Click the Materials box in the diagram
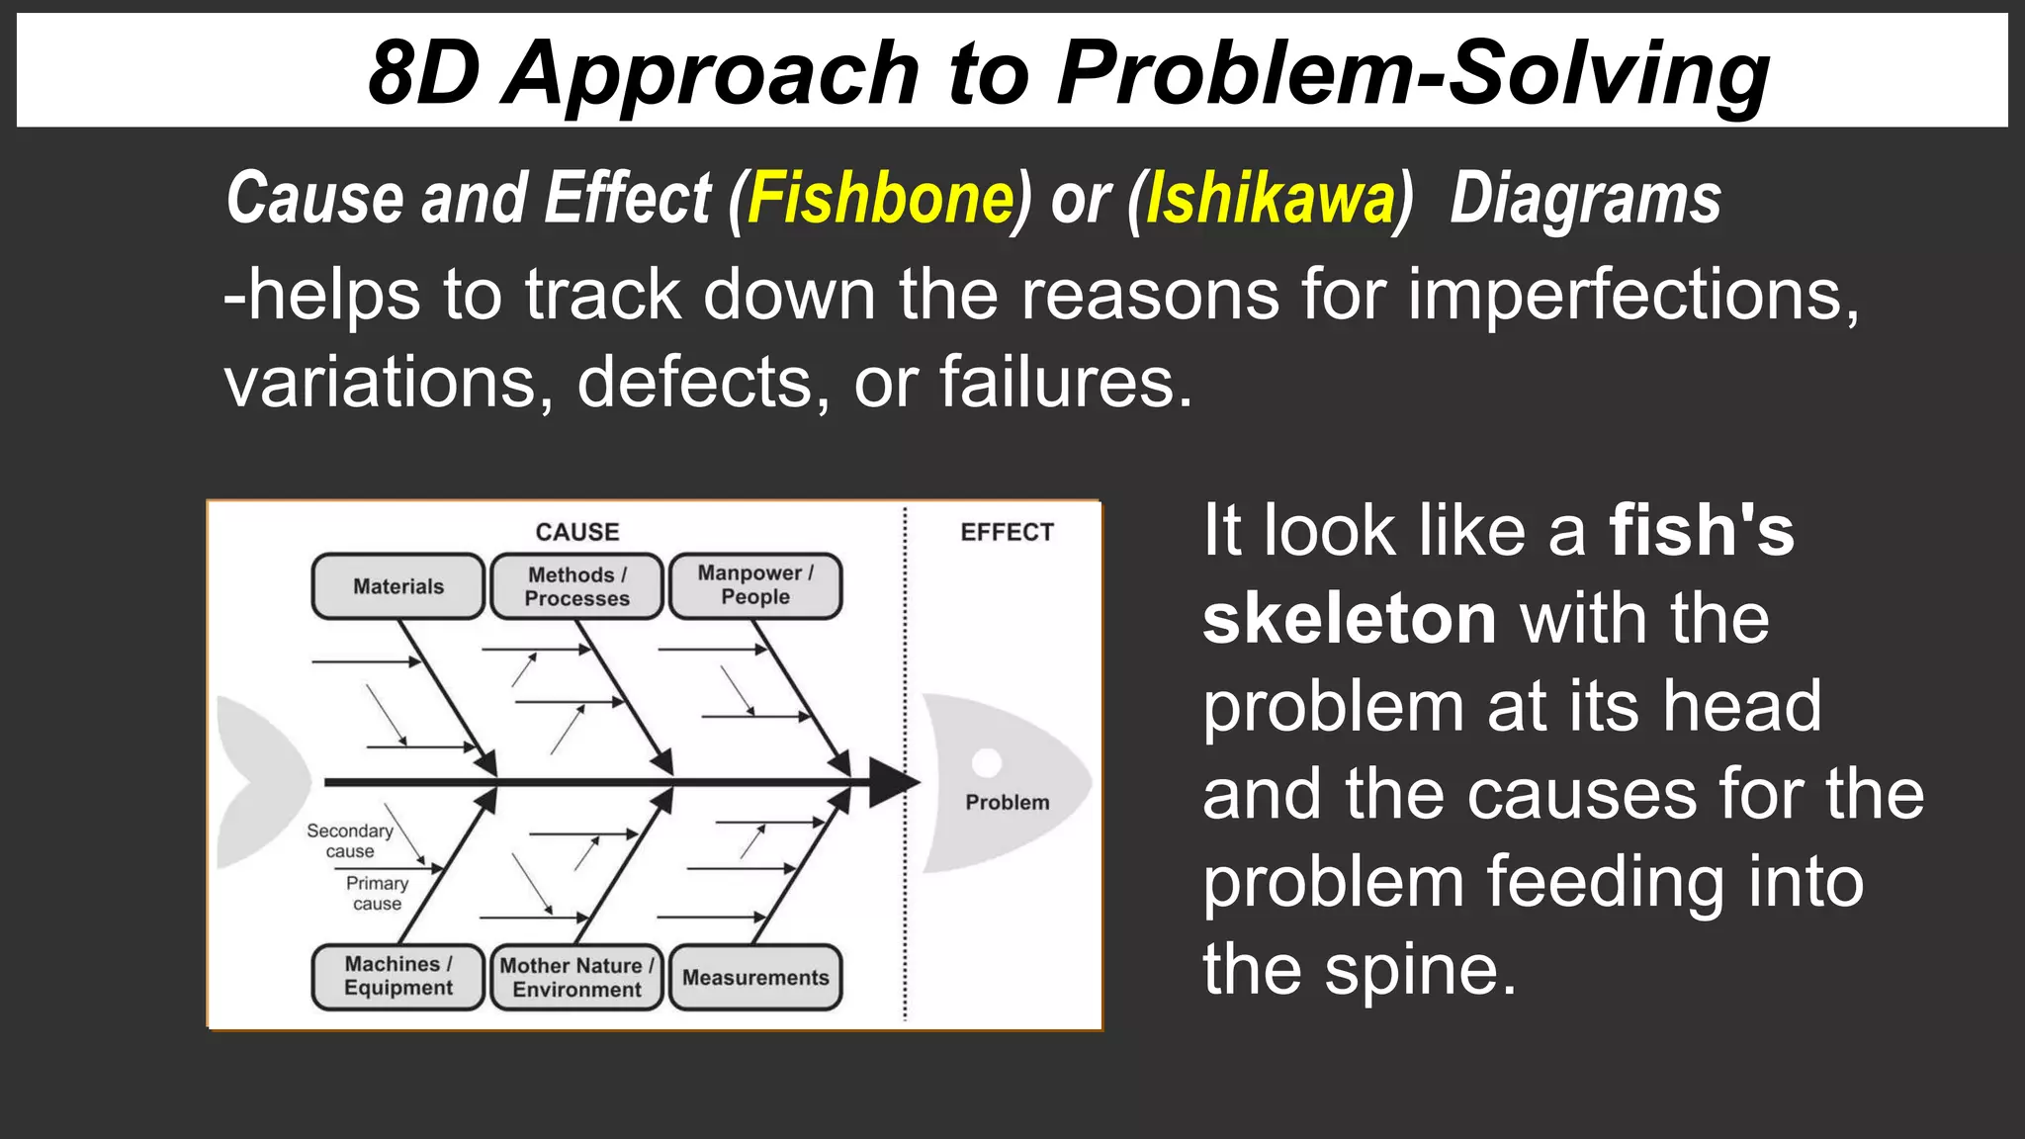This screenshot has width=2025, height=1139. click(398, 586)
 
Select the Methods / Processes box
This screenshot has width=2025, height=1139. click(576, 586)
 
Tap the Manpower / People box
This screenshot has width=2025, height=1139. click(755, 585)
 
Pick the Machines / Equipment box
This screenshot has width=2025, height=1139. click(398, 976)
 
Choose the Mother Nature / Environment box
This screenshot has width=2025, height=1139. click(576, 977)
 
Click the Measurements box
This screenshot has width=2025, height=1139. click(755, 977)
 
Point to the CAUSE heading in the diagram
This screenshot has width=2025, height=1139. click(577, 532)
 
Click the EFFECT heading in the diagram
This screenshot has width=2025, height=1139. click(1007, 532)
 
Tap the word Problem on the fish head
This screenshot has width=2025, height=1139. click(1007, 802)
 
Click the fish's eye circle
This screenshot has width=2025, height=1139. click(986, 762)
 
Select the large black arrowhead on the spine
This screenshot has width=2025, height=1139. click(892, 782)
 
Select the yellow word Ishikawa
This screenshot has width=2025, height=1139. click(1270, 199)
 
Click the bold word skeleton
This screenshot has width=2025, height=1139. click(1349, 619)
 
